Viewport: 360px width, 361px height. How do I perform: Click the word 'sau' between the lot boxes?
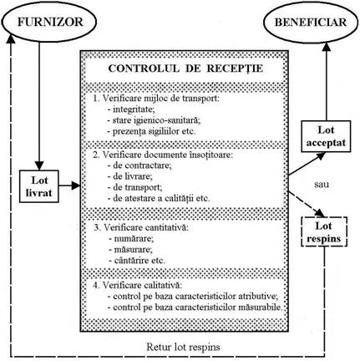click(x=322, y=184)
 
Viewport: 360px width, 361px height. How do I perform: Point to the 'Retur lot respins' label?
click(x=183, y=347)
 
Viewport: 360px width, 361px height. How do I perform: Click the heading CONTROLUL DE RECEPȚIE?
click(x=185, y=69)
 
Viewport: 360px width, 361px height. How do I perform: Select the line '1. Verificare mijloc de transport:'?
click(x=156, y=99)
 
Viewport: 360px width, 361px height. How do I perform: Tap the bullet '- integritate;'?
click(x=131, y=109)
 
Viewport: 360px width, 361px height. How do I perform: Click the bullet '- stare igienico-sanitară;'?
click(x=154, y=120)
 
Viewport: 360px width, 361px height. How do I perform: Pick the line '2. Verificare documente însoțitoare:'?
click(x=163, y=155)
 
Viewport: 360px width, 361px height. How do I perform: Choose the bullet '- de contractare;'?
click(x=139, y=165)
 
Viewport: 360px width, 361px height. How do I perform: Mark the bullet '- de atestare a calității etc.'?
click(x=159, y=199)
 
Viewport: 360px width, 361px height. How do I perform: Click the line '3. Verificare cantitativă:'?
click(x=141, y=227)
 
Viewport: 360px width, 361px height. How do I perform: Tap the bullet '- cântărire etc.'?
click(x=137, y=261)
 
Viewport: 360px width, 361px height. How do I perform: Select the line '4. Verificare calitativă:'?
click(x=138, y=285)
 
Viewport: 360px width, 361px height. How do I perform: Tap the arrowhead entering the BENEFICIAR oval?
click(x=327, y=48)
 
